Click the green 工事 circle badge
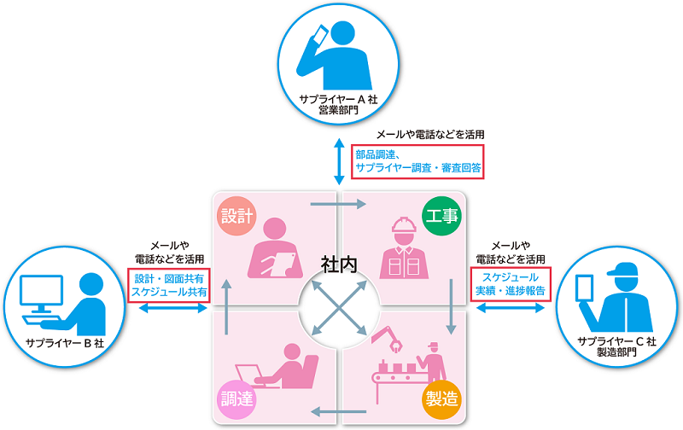pyautogui.click(x=441, y=214)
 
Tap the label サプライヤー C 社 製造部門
pyautogui.click(x=616, y=347)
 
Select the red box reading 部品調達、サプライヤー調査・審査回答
pyautogui.click(x=417, y=161)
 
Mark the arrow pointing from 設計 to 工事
pyautogui.click(x=339, y=204)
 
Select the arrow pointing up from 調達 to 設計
pyautogui.click(x=227, y=308)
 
